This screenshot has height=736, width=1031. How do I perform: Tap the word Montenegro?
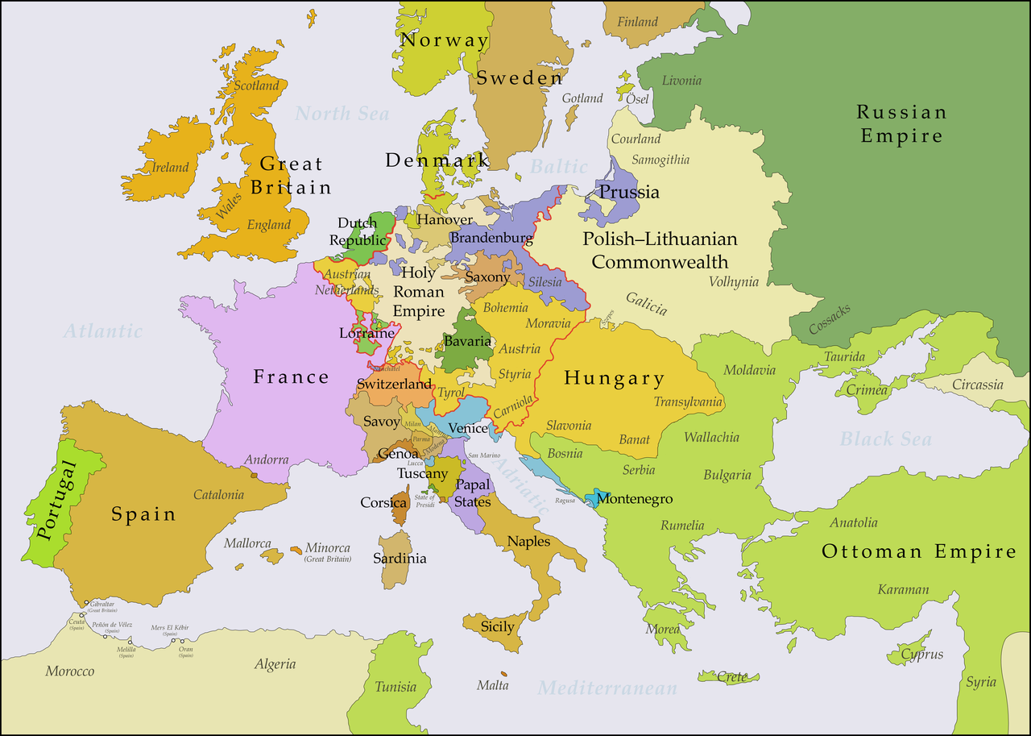pos(635,499)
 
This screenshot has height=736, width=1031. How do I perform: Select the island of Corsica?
pos(399,509)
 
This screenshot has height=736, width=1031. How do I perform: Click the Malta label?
pos(492,685)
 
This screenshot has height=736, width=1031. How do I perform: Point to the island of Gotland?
pos(571,118)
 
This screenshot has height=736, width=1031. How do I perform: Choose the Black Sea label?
pos(885,439)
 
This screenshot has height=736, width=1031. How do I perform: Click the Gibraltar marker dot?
pos(85,602)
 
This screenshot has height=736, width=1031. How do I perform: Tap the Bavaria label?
pos(467,341)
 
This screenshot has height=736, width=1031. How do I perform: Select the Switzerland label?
pos(394,385)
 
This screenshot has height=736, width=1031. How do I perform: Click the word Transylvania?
pos(688,402)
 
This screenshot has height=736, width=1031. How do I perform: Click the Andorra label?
pos(267,460)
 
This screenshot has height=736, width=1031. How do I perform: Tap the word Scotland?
pos(256,85)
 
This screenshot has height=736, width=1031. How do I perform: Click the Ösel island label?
pos(637,98)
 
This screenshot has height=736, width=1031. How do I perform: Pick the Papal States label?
pos(472,493)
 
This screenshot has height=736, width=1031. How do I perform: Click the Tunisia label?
pos(395,687)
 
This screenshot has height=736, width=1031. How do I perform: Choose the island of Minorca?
pos(295,549)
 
